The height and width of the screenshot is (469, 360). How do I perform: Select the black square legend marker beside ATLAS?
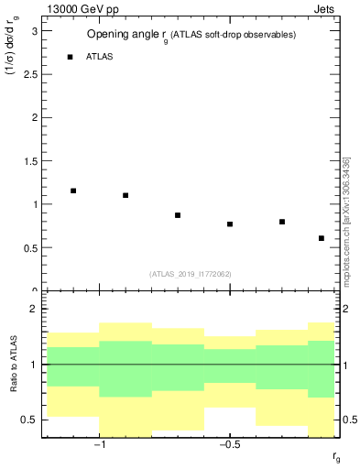pyautogui.click(x=70, y=57)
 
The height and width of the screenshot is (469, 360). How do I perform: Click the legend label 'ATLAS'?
pyautogui.click(x=99, y=57)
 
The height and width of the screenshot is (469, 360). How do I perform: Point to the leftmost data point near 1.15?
pyautogui.click(x=73, y=191)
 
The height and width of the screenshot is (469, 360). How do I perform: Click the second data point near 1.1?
pyautogui.click(x=125, y=195)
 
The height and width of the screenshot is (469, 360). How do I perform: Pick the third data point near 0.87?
pyautogui.click(x=178, y=215)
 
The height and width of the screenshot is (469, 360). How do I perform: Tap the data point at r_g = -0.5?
pyautogui.click(x=230, y=224)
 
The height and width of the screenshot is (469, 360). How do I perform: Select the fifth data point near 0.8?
pyautogui.click(x=282, y=222)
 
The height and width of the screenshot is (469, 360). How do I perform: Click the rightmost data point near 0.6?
pyautogui.click(x=322, y=238)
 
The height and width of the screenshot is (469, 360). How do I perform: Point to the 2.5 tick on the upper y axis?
pyautogui.click(x=32, y=74)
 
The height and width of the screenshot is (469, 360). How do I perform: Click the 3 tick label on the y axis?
pyautogui.click(x=36, y=31)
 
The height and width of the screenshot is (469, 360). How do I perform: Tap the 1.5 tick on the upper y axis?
pyautogui.click(x=32, y=161)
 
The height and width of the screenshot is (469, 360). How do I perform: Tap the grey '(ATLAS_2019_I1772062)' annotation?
pyautogui.click(x=190, y=274)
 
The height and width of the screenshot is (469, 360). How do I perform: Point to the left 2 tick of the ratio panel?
pyautogui.click(x=36, y=310)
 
